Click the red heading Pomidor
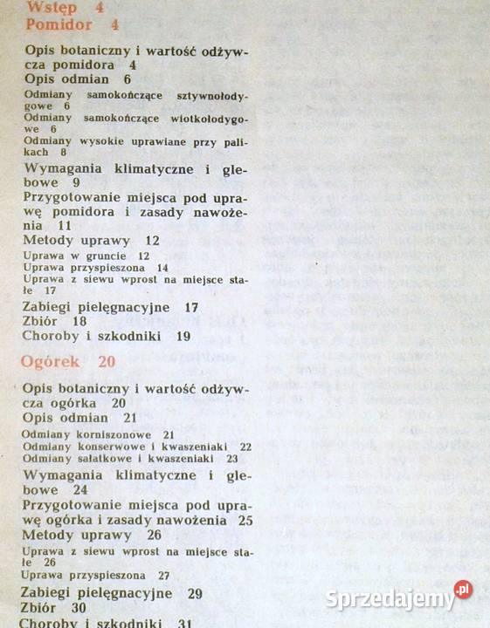coord(59,24)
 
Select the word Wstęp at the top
coord(52,7)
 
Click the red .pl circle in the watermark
coord(463,590)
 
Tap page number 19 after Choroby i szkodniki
coord(183,335)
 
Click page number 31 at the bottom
coord(184,623)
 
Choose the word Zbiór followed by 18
coord(40,321)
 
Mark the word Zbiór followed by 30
coord(40,608)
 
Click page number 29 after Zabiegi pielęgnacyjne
coord(195,593)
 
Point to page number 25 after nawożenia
coord(245,521)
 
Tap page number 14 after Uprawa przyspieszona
coord(162,268)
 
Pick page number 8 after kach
coord(64,152)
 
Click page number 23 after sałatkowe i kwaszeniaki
coord(231,458)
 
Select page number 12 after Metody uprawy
coord(153,241)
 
